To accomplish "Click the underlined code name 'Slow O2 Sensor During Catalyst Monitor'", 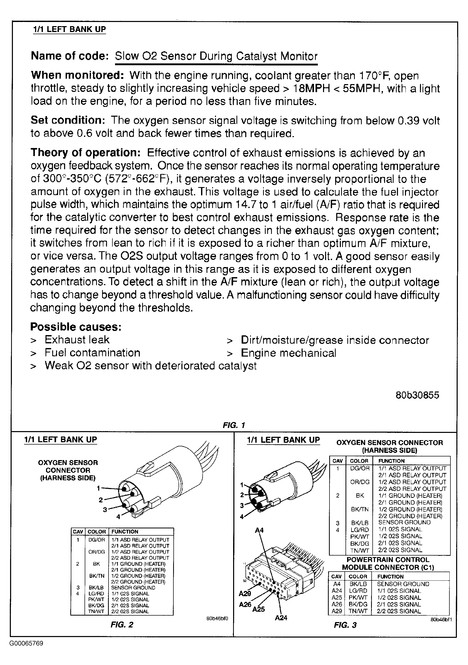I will (x=216, y=56).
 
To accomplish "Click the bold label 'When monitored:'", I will (x=78, y=75).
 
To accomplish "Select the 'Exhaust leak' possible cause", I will (x=77, y=340).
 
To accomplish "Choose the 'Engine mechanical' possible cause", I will (x=288, y=353).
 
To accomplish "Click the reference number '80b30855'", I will (x=417, y=395).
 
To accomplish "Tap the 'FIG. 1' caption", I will (x=234, y=425).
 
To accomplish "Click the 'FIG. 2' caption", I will (x=122, y=625).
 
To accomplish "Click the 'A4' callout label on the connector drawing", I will (x=259, y=530).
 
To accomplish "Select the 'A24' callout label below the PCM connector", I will (x=281, y=618).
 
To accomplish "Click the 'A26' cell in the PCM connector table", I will (x=337, y=604).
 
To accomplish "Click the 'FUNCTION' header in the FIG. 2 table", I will (x=125, y=532).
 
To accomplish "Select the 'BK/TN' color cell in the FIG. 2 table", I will (x=97, y=576).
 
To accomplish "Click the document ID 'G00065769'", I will (x=26, y=644).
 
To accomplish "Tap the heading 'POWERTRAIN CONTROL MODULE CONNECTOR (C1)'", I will (x=388, y=563).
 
